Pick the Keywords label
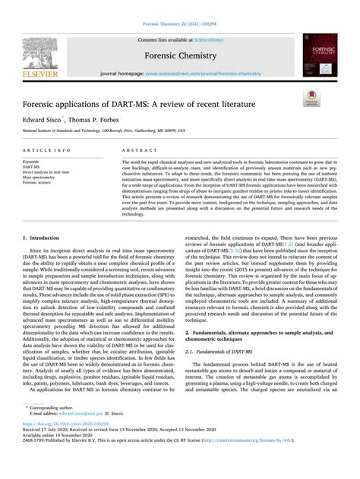(x=32, y=162)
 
